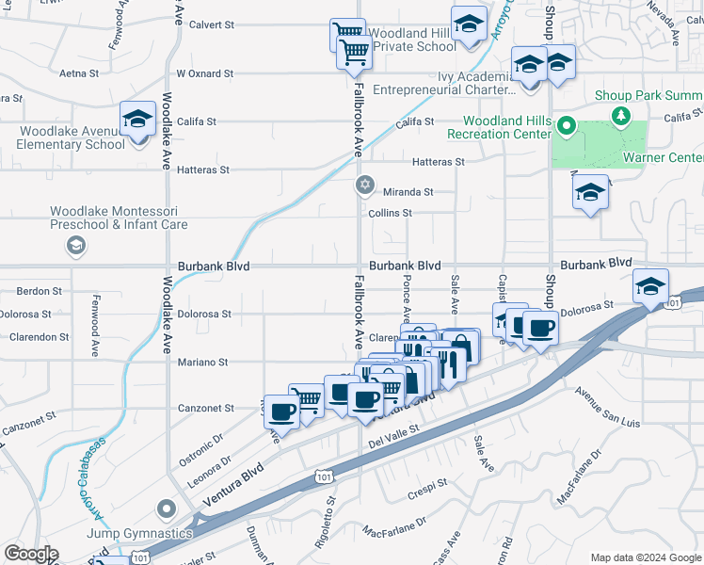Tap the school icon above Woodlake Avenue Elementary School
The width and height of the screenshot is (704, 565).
(137, 120)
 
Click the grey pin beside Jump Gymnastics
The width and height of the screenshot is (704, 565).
(167, 509)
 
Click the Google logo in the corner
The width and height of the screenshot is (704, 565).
(31, 554)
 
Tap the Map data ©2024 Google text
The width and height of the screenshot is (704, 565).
(645, 557)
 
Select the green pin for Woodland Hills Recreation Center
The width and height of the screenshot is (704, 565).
(566, 125)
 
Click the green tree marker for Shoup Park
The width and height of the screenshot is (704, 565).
(620, 116)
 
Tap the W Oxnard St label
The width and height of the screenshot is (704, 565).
(204, 73)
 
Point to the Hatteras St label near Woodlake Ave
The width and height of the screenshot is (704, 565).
(204, 170)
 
